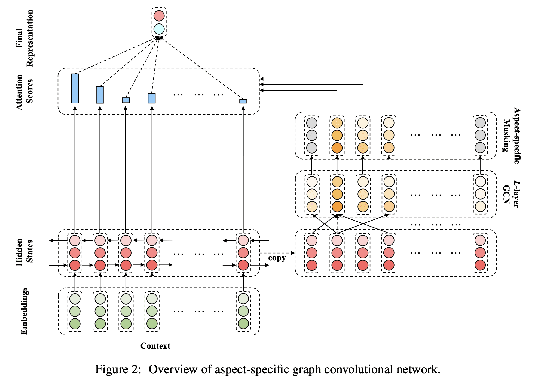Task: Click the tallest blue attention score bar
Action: point(75,88)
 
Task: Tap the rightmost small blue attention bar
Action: point(243,101)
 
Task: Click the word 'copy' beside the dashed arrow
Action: point(277,258)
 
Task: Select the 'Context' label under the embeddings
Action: point(155,346)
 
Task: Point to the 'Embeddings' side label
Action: point(25,311)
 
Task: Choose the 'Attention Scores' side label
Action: point(24,92)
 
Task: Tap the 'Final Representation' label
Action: point(24,38)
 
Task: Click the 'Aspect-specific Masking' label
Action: point(512,136)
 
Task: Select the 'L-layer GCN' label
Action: point(511,194)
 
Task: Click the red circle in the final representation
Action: point(159,16)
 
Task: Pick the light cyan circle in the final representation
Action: point(159,29)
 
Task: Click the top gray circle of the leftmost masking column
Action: point(312,123)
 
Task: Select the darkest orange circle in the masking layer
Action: point(337,148)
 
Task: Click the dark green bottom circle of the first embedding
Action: point(75,324)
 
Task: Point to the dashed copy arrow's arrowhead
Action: point(293,253)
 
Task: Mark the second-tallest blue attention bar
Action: point(100,95)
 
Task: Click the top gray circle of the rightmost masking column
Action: point(480,123)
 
